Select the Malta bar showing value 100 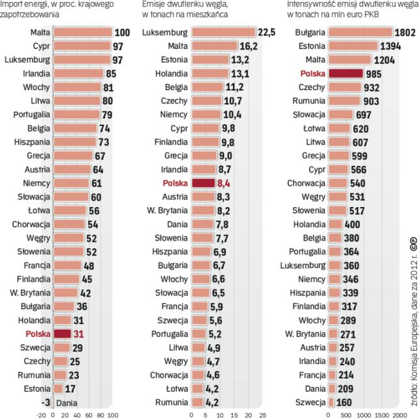coord(82,32)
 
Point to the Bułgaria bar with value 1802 coord(360,32)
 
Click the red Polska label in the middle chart coord(176,184)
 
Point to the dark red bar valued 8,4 coord(203,184)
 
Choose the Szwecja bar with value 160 coord(334,403)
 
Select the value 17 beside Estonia coord(70,389)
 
